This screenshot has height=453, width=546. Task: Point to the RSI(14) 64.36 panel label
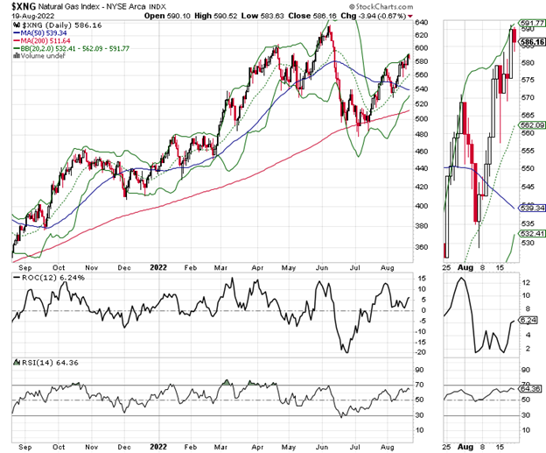click(x=38, y=363)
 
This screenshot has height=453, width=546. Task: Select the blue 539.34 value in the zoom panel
click(x=528, y=209)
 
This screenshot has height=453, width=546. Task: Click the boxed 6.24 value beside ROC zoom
click(x=528, y=321)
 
